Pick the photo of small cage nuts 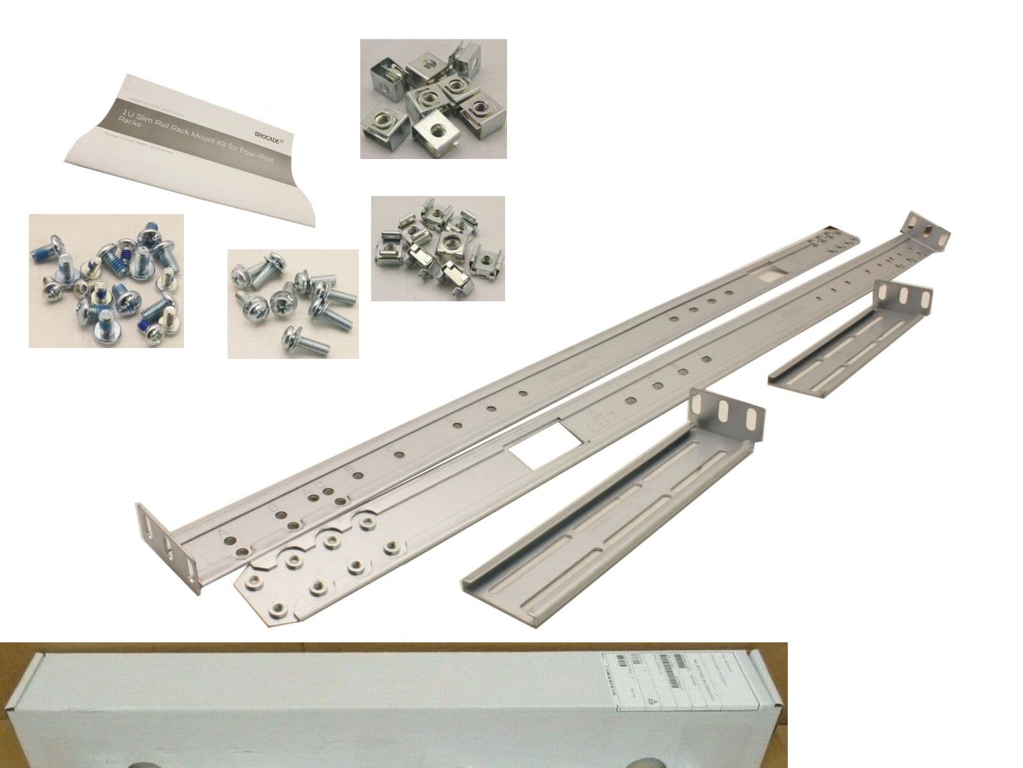tap(438, 248)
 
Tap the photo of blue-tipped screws tap(106, 281)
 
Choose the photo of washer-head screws tap(293, 303)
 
